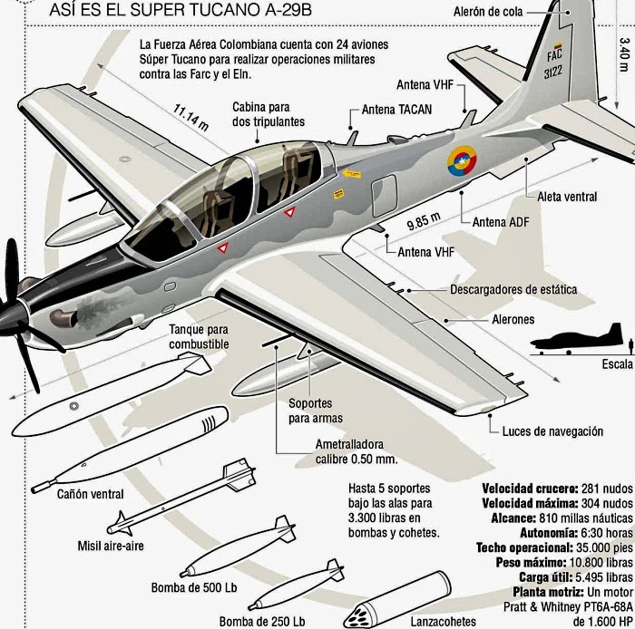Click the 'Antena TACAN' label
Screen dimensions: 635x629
coord(396,110)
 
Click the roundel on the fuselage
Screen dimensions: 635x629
coord(461,162)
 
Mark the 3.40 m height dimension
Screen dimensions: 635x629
coord(624,55)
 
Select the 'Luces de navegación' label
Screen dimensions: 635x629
coord(552,431)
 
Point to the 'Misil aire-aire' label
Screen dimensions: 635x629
coord(111,546)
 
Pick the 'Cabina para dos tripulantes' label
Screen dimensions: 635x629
coord(268,113)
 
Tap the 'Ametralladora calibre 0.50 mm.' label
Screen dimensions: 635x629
coord(356,451)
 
